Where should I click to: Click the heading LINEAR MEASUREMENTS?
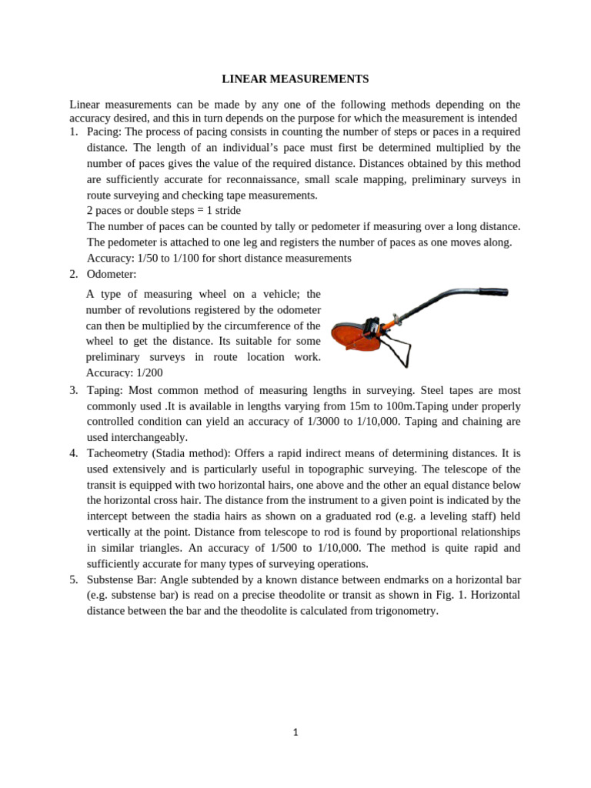[295, 79]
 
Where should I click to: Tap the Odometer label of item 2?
[112, 274]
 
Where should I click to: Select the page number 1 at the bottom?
[295, 733]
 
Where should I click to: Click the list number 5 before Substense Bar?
[73, 579]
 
